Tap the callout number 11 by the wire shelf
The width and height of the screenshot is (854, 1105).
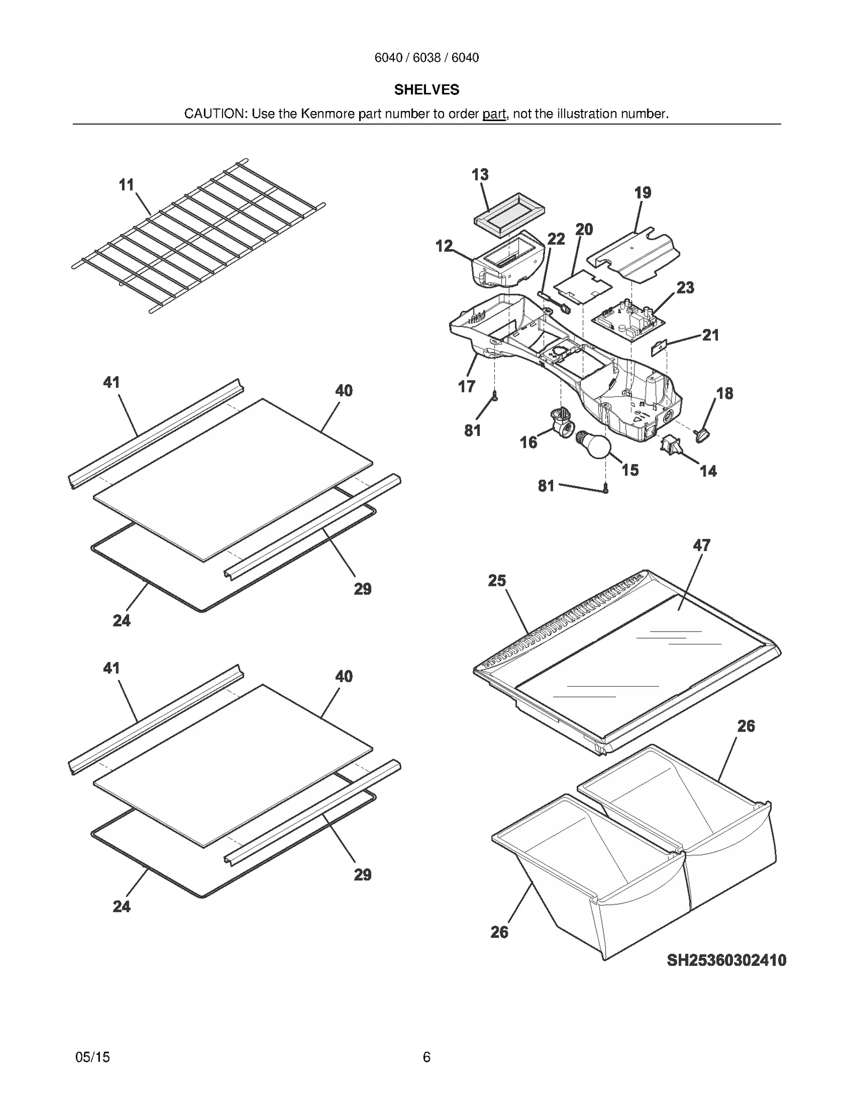click(x=126, y=185)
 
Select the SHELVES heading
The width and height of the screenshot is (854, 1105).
click(x=426, y=90)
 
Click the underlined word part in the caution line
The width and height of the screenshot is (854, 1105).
click(x=494, y=114)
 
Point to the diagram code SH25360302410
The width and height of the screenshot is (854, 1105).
click(x=726, y=960)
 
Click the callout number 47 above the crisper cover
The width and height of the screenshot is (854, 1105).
click(x=701, y=545)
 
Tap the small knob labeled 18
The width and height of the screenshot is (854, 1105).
click(x=701, y=435)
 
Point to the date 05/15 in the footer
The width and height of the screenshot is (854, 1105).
click(x=93, y=1057)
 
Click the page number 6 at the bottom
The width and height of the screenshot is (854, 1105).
click(x=426, y=1057)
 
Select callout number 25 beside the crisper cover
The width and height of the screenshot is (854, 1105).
click(x=496, y=581)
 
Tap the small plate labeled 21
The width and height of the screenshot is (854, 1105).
click(x=660, y=348)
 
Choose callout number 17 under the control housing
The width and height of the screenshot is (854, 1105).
click(x=466, y=386)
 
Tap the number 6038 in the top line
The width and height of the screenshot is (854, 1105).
click(x=426, y=58)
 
